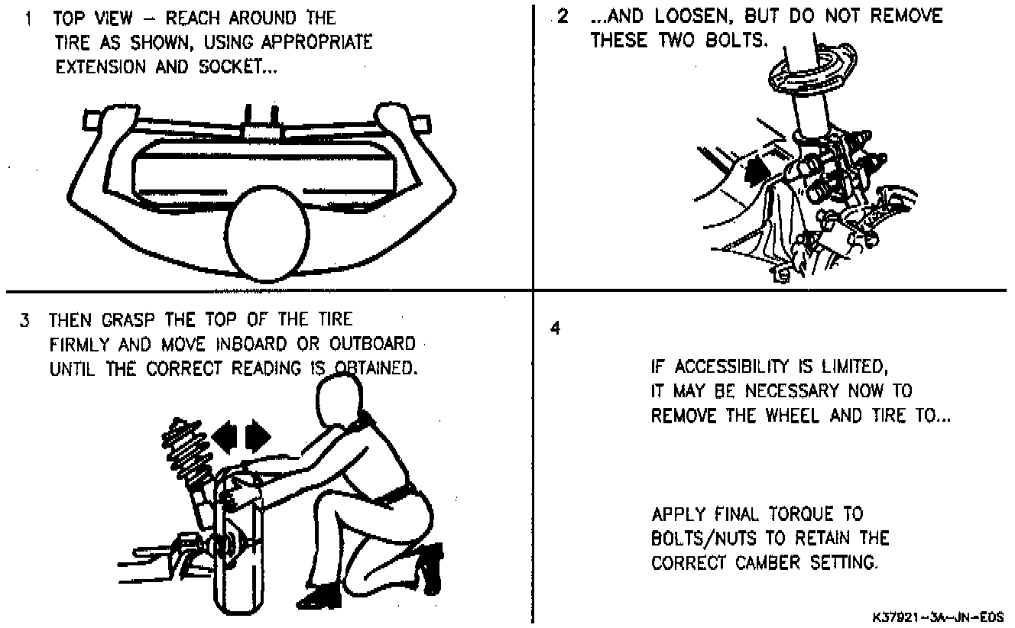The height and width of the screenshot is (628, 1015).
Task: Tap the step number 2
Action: point(563,17)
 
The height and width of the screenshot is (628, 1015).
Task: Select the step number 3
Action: point(24,319)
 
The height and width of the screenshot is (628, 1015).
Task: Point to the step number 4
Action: point(556,329)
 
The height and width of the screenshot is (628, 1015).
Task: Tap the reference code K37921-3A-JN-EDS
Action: point(936,616)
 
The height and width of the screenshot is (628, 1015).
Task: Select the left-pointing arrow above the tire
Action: point(226,436)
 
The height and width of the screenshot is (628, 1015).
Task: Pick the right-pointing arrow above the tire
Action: point(258,436)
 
